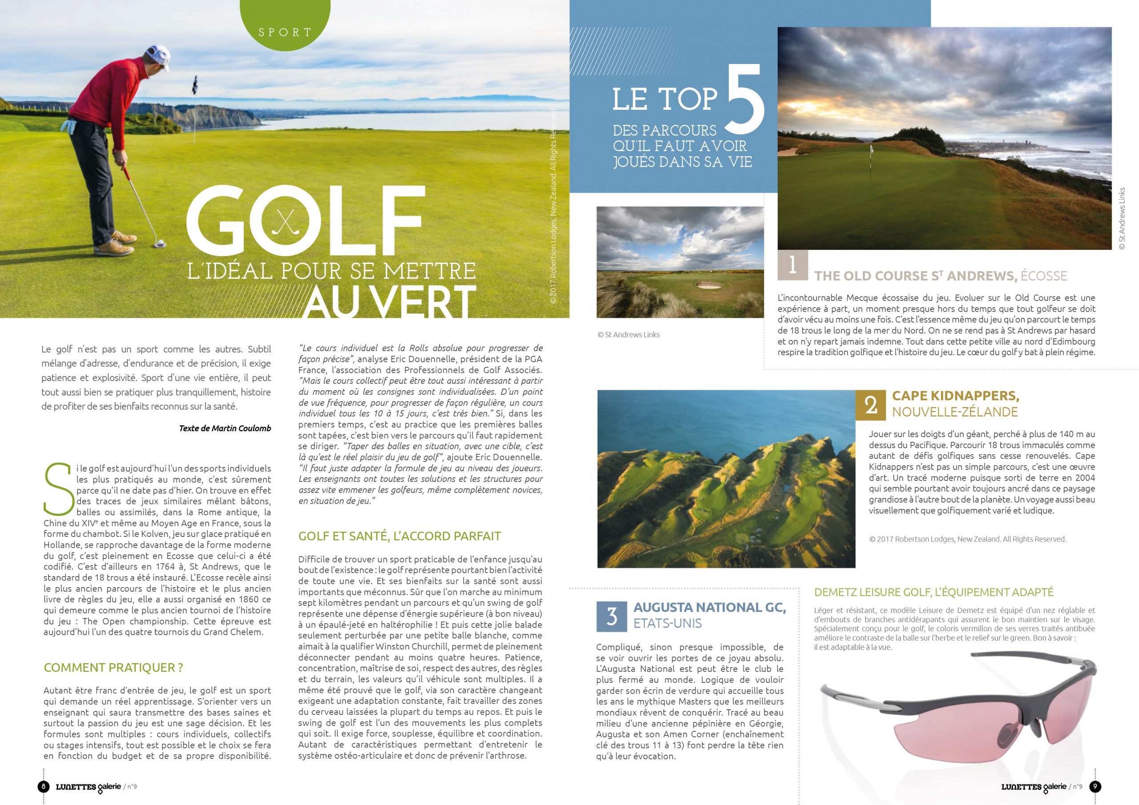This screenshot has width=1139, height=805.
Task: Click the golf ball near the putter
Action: point(160,243)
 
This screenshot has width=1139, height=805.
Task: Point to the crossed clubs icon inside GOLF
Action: point(286,221)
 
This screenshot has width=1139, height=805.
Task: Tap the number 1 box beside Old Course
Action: point(792,265)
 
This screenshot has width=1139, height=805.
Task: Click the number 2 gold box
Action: point(871,404)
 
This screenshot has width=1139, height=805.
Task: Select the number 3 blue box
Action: point(612,616)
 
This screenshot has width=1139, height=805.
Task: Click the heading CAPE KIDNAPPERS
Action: point(955,396)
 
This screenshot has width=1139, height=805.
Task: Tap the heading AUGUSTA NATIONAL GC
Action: point(709,607)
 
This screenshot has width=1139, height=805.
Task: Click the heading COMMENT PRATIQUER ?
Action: point(113,668)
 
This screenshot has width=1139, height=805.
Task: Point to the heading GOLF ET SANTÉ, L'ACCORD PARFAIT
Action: point(400,536)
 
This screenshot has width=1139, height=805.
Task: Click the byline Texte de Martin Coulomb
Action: point(225,428)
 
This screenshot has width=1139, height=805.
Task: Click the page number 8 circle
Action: point(44,786)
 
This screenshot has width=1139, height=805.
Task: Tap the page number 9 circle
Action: point(1095,786)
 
